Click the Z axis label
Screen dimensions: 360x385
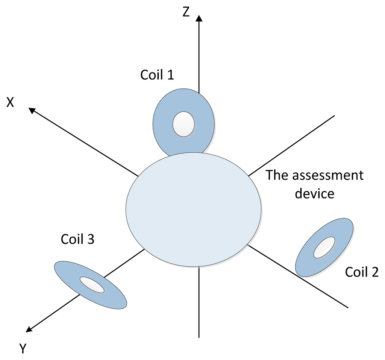(186, 12)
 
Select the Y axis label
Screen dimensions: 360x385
(23, 349)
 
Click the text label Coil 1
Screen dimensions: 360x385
(157, 74)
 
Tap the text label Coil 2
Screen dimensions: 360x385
(362, 272)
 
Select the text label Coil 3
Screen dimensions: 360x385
(77, 239)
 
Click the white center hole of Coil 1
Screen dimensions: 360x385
(183, 124)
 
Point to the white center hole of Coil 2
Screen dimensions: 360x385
(324, 247)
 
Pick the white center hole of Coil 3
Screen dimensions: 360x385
(92, 285)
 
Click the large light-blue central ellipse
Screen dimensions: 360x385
(193, 209)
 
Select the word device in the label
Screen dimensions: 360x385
(314, 193)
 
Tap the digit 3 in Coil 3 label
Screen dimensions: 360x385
(90, 239)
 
